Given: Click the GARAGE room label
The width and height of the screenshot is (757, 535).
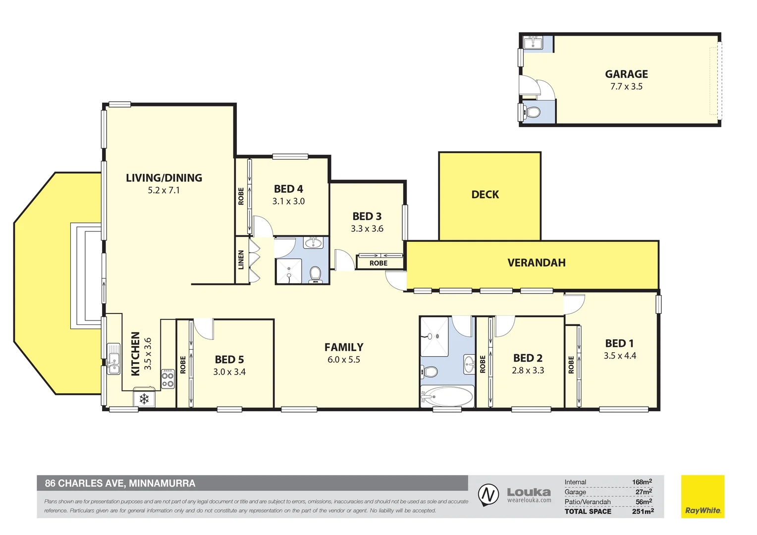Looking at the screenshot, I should click(x=626, y=74).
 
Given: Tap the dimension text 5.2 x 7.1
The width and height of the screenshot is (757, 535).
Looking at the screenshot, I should click(x=163, y=190).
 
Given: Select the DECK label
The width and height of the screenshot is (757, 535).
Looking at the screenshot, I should click(x=485, y=195).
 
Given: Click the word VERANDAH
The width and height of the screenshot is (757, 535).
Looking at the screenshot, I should click(x=537, y=263).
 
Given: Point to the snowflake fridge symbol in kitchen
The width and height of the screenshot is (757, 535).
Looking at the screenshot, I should click(x=144, y=399).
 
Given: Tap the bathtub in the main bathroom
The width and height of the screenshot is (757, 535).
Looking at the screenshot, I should click(x=447, y=397).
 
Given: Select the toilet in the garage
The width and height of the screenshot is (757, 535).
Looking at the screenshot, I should click(x=533, y=112).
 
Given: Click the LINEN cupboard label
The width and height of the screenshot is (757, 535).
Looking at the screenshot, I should click(x=241, y=260).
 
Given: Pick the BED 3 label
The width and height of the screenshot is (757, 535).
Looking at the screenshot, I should click(x=367, y=216).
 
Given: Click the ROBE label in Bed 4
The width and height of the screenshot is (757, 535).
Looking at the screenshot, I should click(x=241, y=196).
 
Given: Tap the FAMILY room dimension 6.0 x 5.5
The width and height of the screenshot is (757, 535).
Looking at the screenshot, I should click(x=343, y=360).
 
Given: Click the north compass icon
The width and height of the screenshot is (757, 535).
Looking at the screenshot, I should click(x=488, y=495).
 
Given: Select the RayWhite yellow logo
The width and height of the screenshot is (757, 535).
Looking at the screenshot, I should click(x=703, y=497).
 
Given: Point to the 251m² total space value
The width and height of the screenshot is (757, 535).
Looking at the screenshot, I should click(x=643, y=511).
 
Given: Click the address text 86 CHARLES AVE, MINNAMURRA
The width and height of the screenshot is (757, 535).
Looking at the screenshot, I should click(x=120, y=483).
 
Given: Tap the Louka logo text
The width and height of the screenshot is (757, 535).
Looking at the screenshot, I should click(x=529, y=492).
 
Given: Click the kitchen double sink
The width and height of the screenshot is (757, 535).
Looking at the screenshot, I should click(x=114, y=359).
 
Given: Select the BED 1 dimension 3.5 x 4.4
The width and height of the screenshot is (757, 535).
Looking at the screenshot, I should click(x=619, y=356).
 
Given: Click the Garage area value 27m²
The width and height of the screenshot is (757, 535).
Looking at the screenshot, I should click(x=643, y=492).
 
